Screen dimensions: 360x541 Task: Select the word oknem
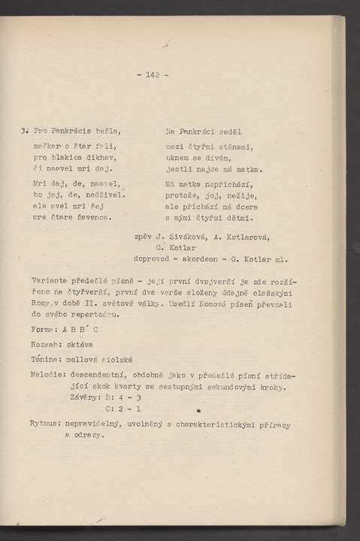pos(178,158)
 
